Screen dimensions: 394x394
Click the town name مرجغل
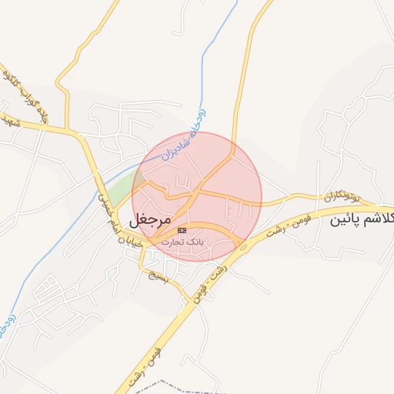coord(150,219)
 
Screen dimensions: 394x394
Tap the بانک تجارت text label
coord(180,242)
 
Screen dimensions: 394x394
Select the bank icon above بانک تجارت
coord(182,230)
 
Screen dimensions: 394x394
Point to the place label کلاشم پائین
coord(362,219)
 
